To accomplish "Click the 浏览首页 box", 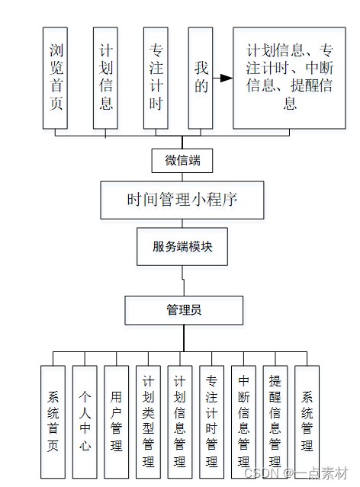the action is (x=55, y=78).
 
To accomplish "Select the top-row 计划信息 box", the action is (x=105, y=78).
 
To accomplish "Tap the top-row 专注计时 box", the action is (x=156, y=78).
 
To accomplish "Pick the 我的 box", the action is (x=201, y=78).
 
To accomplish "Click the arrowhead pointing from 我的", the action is (x=227, y=78).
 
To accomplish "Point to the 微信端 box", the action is (x=182, y=161).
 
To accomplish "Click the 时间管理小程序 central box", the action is (x=182, y=200).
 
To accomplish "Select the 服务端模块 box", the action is (x=182, y=247).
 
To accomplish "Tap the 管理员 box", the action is (x=184, y=310).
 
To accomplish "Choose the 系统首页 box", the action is (x=53, y=421).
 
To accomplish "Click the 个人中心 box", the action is (x=85, y=421).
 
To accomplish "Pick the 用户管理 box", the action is (x=116, y=421).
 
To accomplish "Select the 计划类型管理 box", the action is (x=148, y=421).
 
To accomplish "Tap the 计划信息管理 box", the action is (x=180, y=421).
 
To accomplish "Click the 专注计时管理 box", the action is (x=212, y=421).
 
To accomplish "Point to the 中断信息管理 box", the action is (x=243, y=421).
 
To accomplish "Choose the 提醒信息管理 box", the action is (x=275, y=421).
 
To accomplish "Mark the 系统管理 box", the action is (x=307, y=421).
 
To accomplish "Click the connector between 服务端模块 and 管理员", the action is (x=183, y=280).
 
